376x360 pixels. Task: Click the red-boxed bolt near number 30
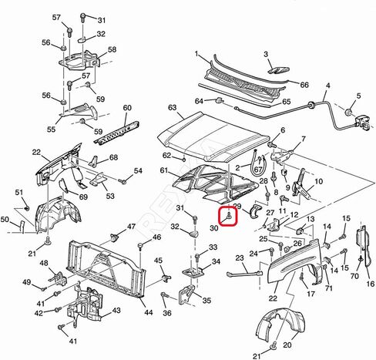click(x=230, y=216)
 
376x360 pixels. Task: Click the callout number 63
click(x=172, y=107)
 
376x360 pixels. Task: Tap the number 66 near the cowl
click(x=304, y=85)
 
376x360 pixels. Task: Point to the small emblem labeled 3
click(x=278, y=70)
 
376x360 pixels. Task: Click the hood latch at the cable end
click(x=363, y=122)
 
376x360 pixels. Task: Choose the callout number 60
click(x=127, y=108)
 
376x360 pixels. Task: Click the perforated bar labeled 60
click(x=117, y=133)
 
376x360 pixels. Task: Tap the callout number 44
click(x=149, y=312)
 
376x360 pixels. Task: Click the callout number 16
click(x=370, y=284)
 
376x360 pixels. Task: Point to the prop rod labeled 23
click(x=245, y=274)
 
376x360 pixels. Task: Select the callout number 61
click(x=164, y=170)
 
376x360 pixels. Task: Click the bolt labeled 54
click(x=123, y=181)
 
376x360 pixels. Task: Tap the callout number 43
click(x=116, y=310)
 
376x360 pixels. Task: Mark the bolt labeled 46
click(x=140, y=247)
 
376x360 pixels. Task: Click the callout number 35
click(x=206, y=300)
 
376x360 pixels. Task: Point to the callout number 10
click(x=318, y=181)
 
